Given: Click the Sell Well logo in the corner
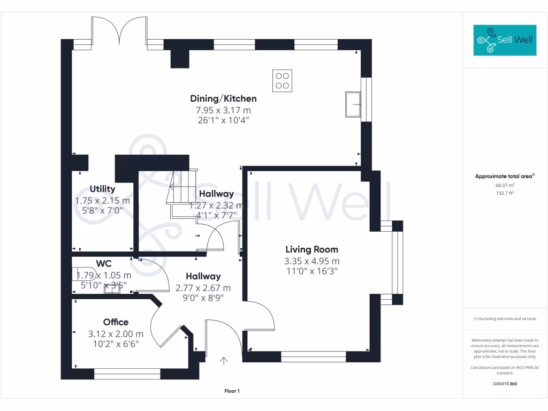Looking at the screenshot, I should pyautogui.click(x=505, y=40).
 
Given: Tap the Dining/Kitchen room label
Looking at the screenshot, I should pyautogui.click(x=223, y=98).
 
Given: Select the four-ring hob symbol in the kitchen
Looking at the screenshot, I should pyautogui.click(x=282, y=81).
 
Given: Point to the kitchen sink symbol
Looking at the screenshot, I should pyautogui.click(x=353, y=103).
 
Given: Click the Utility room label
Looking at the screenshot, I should pyautogui.click(x=102, y=189).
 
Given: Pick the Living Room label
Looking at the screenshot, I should pyautogui.click(x=311, y=249).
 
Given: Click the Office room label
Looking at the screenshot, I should pyautogui.click(x=116, y=322).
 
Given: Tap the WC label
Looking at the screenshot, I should pyautogui.click(x=104, y=263).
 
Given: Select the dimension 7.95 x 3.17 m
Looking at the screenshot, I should pyautogui.click(x=223, y=110).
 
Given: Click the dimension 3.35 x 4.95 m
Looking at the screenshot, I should pyautogui.click(x=311, y=261).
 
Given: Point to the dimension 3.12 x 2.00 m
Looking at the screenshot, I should pyautogui.click(x=116, y=334).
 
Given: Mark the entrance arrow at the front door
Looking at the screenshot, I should pyautogui.click(x=224, y=361).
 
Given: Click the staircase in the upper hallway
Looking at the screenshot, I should pyautogui.click(x=182, y=193).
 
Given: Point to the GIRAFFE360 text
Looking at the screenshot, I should pyautogui.click(x=505, y=384).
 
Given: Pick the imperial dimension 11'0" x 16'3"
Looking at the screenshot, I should pyautogui.click(x=311, y=272).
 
